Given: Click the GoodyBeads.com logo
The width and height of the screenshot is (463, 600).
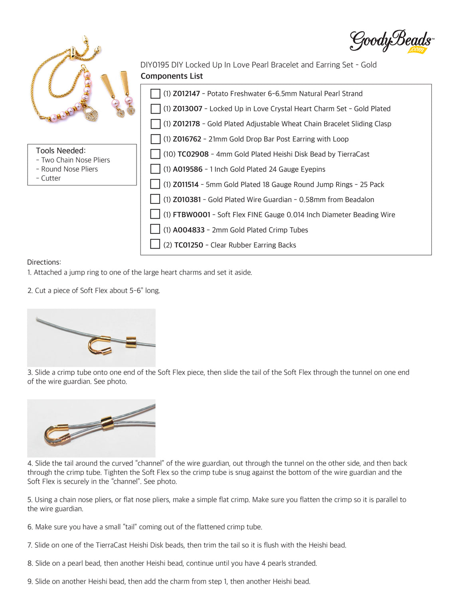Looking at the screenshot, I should point(392,41).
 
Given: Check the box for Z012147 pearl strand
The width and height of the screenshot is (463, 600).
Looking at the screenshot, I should point(155,94).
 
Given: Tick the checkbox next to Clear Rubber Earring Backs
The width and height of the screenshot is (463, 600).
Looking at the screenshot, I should point(155,244).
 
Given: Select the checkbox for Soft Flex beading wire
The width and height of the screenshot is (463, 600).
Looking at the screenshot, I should point(155,214).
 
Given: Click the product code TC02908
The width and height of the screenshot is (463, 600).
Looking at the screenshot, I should point(193,154).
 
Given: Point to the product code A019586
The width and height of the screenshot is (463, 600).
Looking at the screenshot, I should point(188,169).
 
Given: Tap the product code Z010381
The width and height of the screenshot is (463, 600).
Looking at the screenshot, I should point(186,199).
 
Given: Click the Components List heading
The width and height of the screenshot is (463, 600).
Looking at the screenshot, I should point(172,76).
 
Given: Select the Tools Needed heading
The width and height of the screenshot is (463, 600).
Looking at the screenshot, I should point(61,151).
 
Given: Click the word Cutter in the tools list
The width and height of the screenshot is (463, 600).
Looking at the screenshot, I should point(51,178).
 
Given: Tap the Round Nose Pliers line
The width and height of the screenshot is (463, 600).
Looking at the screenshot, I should point(69,169).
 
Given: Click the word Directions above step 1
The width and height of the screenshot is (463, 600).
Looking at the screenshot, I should point(44,262).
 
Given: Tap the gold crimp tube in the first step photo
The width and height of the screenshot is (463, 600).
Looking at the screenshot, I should point(131,342).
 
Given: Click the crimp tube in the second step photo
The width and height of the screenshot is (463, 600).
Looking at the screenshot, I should point(107,423).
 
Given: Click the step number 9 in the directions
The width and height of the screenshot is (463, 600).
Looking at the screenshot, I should point(30,582).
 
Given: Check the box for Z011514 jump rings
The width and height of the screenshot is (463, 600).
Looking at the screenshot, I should point(155,184).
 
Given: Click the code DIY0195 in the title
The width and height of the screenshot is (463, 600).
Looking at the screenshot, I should point(155,65).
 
